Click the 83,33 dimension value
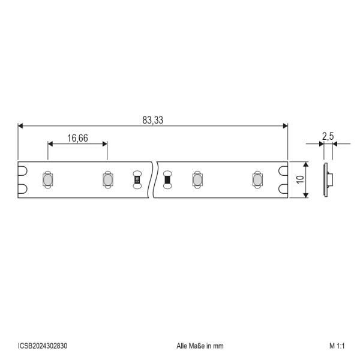pyautogui.click(x=152, y=120)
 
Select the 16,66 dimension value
pyautogui.click(x=77, y=138)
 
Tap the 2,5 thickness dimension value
pyautogui.click(x=328, y=137)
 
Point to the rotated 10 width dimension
pyautogui.click(x=300, y=179)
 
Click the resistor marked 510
pyautogui.click(x=137, y=179)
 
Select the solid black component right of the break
pyautogui.click(x=167, y=179)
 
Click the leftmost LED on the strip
pyautogui.click(x=48, y=180)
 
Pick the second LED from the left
pyautogui.click(x=107, y=180)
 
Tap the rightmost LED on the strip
pyautogui.click(x=257, y=180)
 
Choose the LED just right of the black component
pyautogui.click(x=197, y=180)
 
